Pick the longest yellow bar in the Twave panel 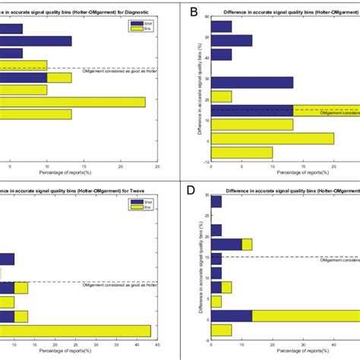(75, 329)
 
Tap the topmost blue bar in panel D (216, 201)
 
